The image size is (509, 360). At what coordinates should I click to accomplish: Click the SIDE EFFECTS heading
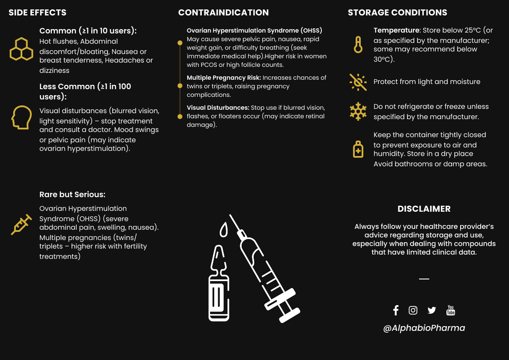coord(38,12)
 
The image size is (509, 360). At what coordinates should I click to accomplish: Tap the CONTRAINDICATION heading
coord(224,12)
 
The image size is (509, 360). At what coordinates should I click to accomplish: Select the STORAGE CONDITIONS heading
coord(398,12)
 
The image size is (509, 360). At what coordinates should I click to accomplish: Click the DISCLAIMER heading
coord(424,209)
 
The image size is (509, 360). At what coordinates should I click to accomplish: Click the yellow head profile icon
coord(21,117)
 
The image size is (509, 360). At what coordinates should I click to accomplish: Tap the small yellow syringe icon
coord(21,225)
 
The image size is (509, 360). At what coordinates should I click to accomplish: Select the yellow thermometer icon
coord(358,44)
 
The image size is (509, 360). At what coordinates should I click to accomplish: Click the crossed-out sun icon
coord(358,82)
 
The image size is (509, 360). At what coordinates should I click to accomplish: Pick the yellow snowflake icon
coord(358,111)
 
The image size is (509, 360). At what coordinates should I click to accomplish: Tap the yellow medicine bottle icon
coord(358,149)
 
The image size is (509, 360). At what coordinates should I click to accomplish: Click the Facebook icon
coord(396,310)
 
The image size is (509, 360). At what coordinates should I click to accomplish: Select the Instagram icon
coord(413,310)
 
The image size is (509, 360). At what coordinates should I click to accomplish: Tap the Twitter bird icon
coord(431,310)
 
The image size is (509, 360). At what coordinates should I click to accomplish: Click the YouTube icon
coord(451,310)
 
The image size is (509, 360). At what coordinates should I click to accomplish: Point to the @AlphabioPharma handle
coord(424,328)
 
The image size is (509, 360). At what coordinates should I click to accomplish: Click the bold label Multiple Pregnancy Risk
coord(224,78)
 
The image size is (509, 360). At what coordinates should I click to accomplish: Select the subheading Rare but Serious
coord(72,195)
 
